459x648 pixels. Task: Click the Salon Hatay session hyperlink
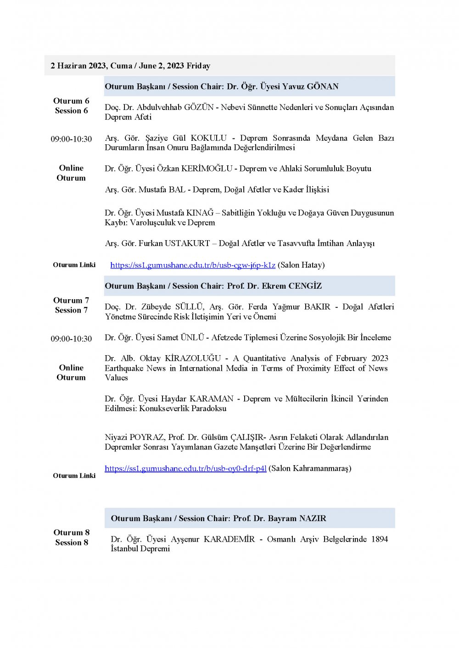pos(193,265)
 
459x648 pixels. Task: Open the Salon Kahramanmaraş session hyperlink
pos(185,468)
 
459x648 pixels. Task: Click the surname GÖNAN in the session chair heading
pos(323,87)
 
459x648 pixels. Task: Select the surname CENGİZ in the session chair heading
pos(305,286)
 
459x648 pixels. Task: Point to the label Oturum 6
pos(71,101)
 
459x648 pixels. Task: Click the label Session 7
pos(71,310)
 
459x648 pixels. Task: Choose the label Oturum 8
pos(72,533)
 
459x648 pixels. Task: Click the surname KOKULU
pos(209,138)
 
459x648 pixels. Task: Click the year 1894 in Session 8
pos(379,539)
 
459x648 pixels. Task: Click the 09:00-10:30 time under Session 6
pos(71,139)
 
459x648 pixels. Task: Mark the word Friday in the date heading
pos(198,66)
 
